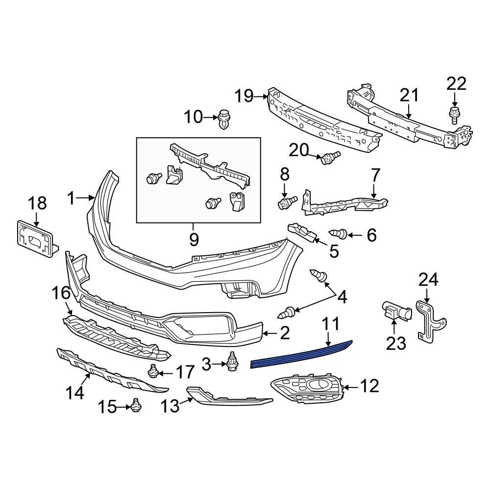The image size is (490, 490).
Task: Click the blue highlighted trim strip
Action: point(301,355)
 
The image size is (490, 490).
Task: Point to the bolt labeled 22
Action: point(454,116)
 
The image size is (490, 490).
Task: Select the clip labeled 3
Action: point(232,362)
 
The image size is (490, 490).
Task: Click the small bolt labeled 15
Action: point(136,406)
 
